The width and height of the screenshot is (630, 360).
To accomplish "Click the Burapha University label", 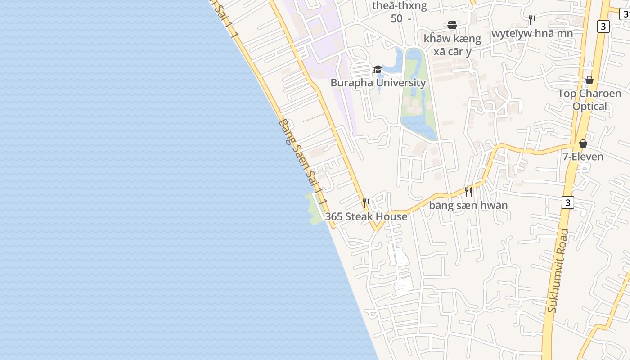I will [x=378, y=83].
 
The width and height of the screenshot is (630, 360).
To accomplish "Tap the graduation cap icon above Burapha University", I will [x=378, y=70].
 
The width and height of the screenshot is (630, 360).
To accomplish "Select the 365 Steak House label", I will [x=366, y=216].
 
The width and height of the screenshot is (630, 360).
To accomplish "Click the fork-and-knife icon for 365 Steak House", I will [x=366, y=203].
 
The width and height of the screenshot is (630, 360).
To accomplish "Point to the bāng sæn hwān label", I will [x=468, y=206].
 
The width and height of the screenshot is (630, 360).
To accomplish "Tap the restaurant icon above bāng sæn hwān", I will [x=468, y=192].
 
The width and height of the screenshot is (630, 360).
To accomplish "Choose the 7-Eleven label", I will [x=583, y=157].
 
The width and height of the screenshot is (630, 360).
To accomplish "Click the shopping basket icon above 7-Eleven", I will [x=583, y=144].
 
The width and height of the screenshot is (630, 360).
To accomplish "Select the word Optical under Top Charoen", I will [x=590, y=107].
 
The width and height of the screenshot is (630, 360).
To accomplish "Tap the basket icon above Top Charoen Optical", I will [x=589, y=80].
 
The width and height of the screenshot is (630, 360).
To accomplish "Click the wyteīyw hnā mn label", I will [x=532, y=33].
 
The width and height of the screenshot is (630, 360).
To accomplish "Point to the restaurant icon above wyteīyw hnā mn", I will [x=532, y=20].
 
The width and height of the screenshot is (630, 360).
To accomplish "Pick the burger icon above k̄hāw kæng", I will [x=452, y=25].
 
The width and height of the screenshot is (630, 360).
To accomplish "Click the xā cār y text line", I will [x=452, y=51].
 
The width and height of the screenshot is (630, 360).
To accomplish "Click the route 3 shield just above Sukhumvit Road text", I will [x=567, y=202].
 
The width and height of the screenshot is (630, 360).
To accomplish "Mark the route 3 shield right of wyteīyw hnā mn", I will [x=603, y=27].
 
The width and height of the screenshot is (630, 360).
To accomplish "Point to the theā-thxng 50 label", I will [x=399, y=12].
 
